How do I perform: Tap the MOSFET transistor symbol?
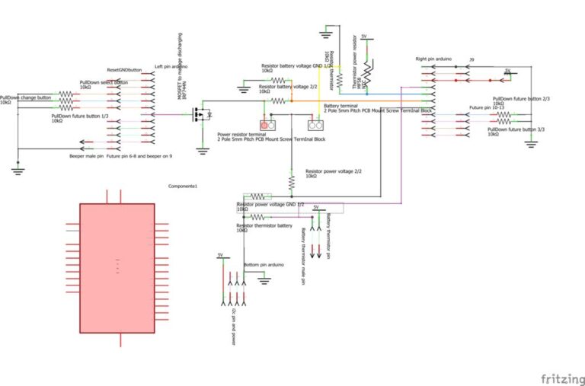coord(200,115)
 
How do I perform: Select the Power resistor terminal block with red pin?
coord(267,125)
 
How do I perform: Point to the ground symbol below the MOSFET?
coord(203,150)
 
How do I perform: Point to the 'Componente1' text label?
coord(183,186)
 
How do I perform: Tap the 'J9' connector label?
coord(472,59)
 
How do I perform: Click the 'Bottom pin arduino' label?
coord(264,264)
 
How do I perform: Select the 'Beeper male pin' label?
coord(85,155)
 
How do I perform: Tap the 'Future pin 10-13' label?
coord(487,107)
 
